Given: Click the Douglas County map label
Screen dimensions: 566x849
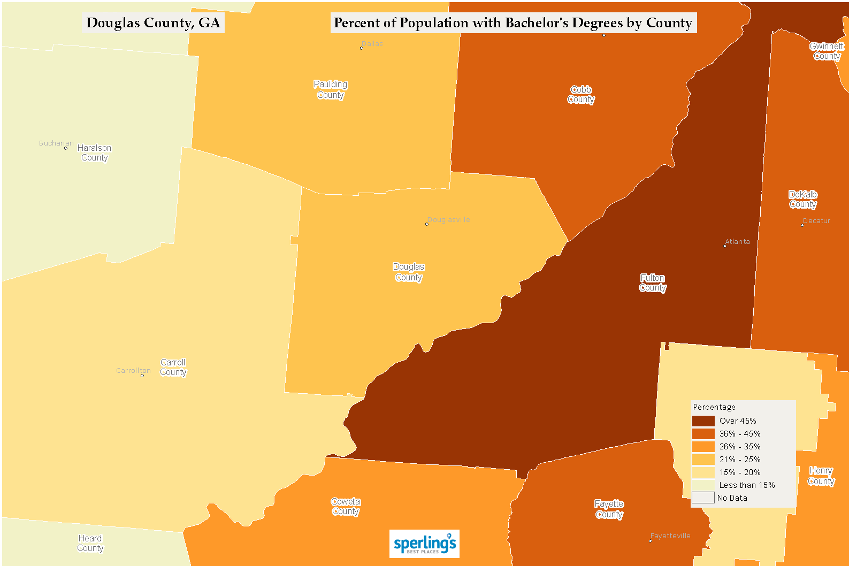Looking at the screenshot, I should coord(409,272).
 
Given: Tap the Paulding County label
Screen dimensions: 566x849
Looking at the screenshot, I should coord(331,89).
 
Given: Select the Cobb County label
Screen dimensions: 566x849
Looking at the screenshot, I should coord(581,94).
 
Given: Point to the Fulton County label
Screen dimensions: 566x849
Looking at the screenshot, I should coord(653,282).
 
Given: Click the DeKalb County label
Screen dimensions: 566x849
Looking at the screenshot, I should coord(803,199).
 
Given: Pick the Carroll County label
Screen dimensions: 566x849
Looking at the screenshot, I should coord(173,367).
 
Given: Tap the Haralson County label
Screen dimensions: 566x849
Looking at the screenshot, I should coord(94,152).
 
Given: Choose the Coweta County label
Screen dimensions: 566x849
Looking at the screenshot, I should coord(346,506).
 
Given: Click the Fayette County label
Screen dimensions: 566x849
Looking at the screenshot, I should coord(609,509).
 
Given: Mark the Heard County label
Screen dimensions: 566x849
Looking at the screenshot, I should coord(90,543).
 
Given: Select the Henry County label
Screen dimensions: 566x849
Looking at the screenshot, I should coord(821,476).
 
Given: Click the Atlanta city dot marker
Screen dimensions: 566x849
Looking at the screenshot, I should coord(725,246).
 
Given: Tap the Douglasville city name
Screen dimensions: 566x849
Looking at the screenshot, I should coord(449,219).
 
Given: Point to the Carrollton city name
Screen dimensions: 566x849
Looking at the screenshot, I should coord(133,370).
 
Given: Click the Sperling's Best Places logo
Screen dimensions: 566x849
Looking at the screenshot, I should coord(424,544).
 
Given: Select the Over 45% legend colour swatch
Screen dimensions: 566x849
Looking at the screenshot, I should coord(703,421).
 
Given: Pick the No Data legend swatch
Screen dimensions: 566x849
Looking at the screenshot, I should coord(703,498).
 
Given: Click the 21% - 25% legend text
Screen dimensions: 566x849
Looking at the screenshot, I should coord(739,460).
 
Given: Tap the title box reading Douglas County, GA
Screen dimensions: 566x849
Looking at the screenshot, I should coord(153,23).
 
